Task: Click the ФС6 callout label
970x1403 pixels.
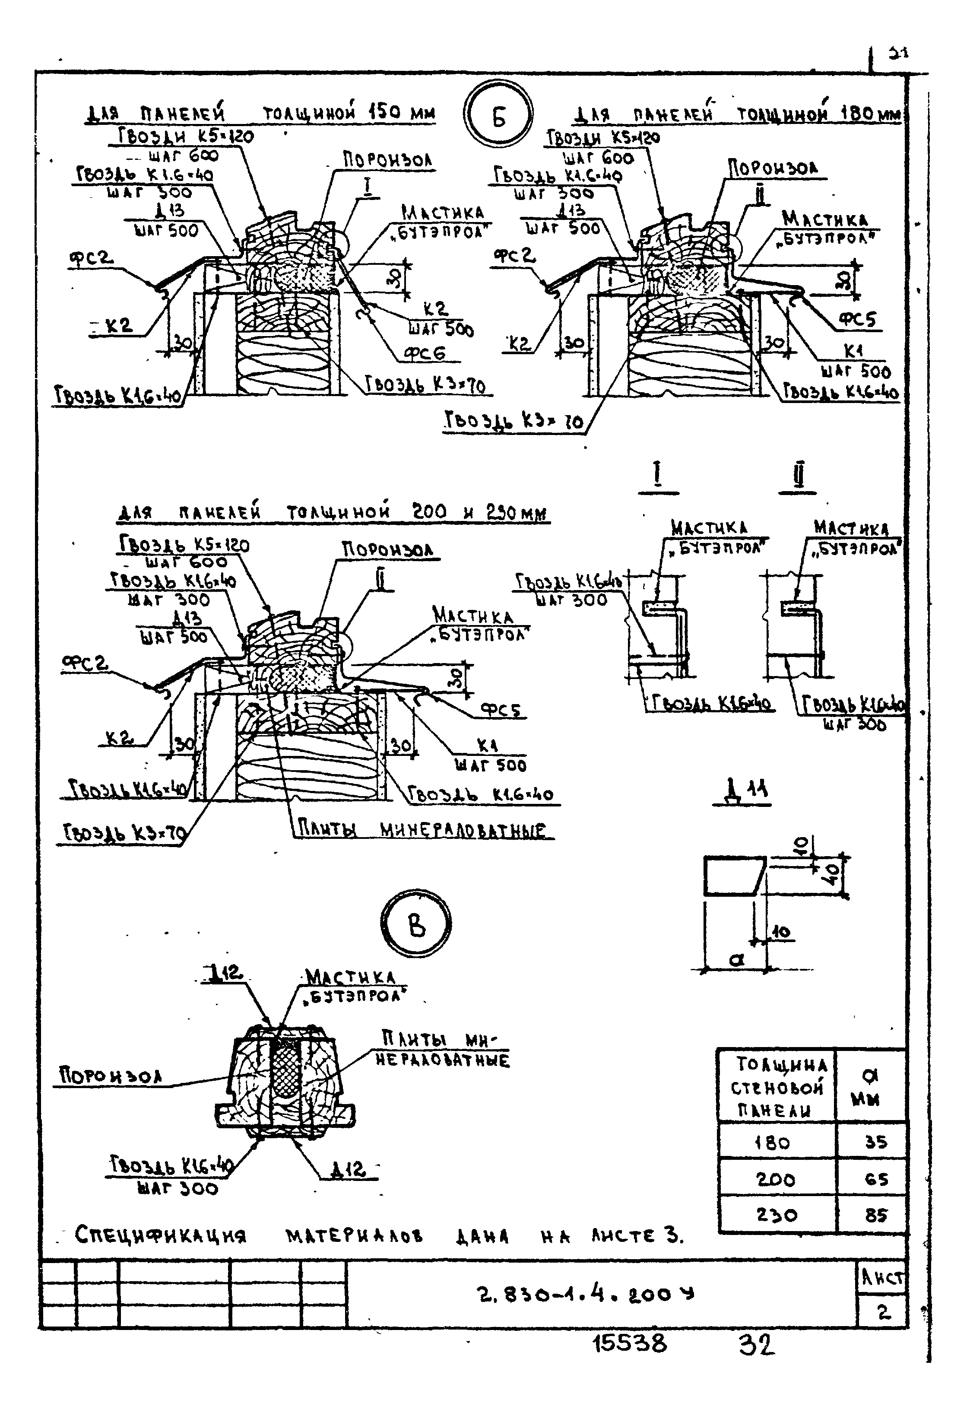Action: [x=425, y=353]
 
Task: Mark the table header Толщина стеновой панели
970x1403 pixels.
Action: [x=776, y=1088]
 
